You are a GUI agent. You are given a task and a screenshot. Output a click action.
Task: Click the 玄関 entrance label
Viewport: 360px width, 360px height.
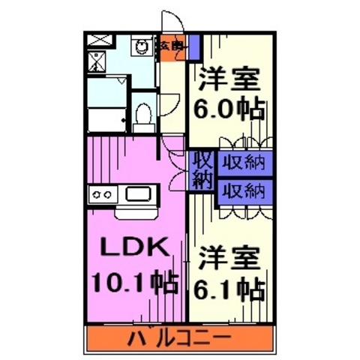[x=169, y=46]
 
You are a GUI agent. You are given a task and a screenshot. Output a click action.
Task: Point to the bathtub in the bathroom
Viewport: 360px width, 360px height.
[x=105, y=117]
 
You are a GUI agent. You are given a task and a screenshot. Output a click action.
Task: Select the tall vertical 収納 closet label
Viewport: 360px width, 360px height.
[x=201, y=169]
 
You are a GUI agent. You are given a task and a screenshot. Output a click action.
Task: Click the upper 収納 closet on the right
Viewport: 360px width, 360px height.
[x=244, y=161]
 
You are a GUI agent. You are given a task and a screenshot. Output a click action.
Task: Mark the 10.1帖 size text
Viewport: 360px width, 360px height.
[x=134, y=282]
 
